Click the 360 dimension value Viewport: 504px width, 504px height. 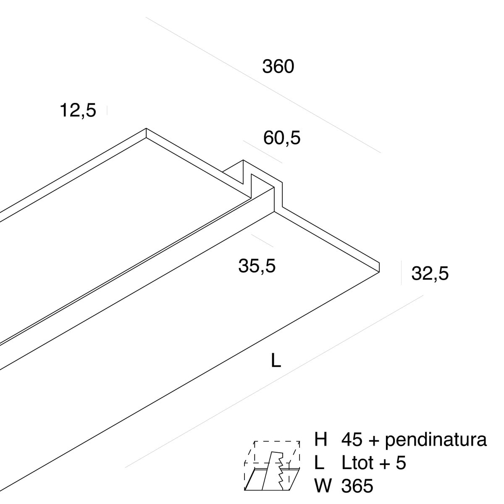pos(278,66)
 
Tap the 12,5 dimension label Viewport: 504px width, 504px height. pos(78,110)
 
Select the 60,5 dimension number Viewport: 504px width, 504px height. pos(282,138)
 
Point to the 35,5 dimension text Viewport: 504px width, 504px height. pos(257,266)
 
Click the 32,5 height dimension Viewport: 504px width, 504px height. pos(430,273)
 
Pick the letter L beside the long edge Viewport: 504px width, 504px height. pos(276,361)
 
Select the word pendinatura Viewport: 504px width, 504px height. pos(436,441)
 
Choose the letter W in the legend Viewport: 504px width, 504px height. pos(323,486)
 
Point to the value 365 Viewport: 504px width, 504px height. pos(357,486)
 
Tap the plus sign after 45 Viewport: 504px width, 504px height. pos(373,441)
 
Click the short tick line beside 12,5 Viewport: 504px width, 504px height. pos(107,110)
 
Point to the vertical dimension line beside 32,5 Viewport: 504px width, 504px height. pos(401,273)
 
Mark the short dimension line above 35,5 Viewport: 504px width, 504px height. pos(262,241)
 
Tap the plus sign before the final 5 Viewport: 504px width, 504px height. pos(384,464)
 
